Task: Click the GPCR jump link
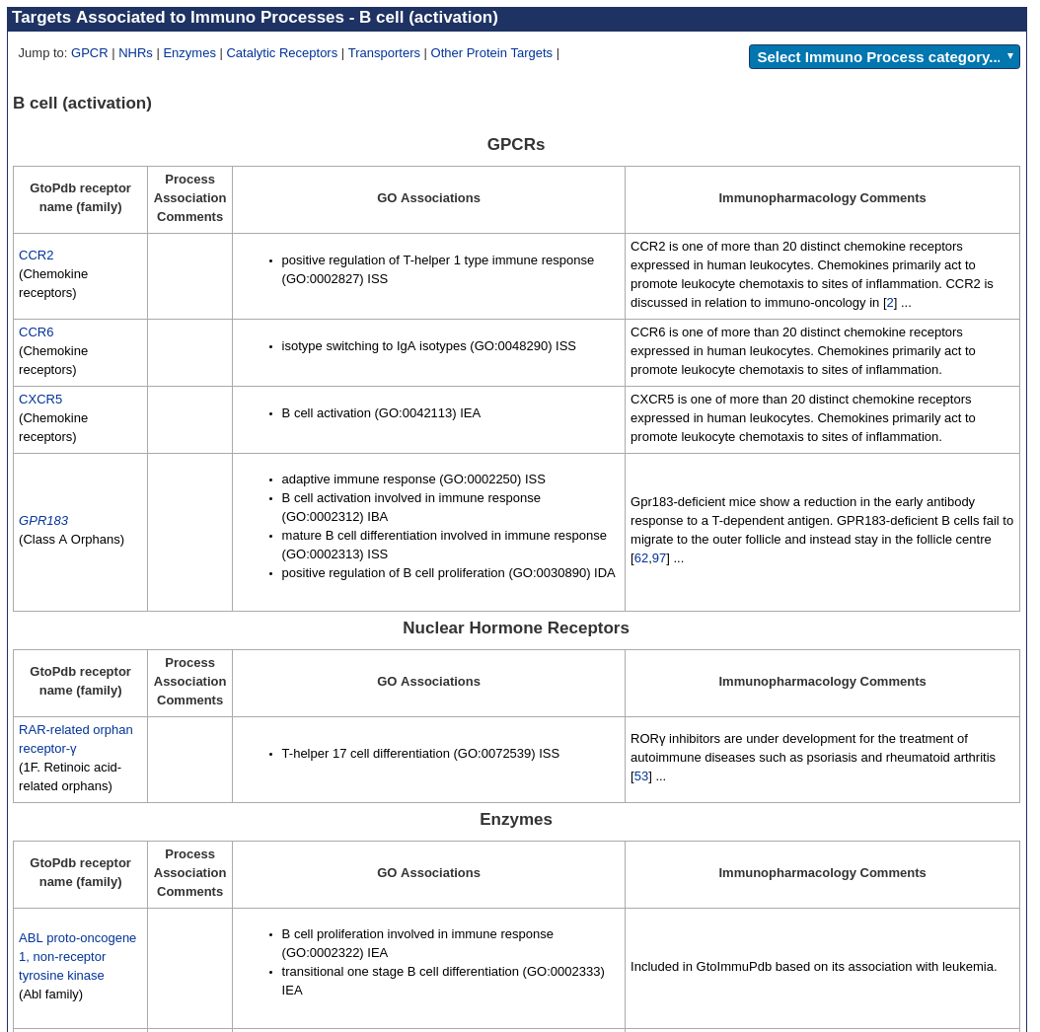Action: point(89,53)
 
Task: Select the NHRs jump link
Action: point(135,53)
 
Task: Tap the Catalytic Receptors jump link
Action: point(281,53)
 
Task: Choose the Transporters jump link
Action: point(384,53)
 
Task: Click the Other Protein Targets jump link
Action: point(491,53)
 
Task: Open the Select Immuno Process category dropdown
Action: point(884,57)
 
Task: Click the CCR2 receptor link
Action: point(37,256)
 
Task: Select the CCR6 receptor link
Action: point(37,332)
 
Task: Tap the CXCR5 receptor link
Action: point(40,400)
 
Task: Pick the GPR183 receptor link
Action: point(43,521)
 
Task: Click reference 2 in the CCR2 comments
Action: point(890,303)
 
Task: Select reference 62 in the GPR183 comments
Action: point(641,558)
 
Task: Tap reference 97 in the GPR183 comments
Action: point(659,558)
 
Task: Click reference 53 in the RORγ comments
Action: point(641,776)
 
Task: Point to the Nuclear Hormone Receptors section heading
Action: point(516,628)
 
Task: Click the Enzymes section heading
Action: point(516,820)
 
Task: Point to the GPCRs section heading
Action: point(516,145)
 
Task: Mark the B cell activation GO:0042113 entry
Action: point(381,413)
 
